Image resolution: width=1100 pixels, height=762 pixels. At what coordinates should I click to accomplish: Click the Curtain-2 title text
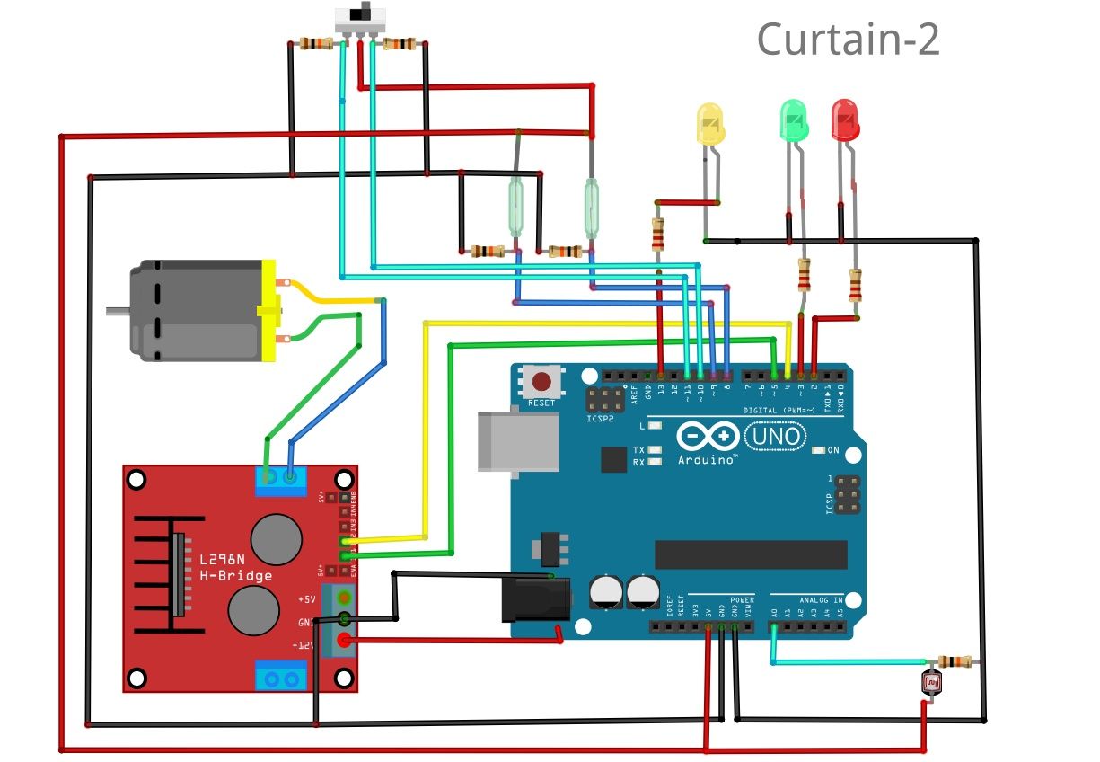(x=848, y=40)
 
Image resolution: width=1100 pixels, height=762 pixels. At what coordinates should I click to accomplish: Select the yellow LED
(x=710, y=124)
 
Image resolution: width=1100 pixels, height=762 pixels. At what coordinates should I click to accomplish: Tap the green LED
(x=793, y=120)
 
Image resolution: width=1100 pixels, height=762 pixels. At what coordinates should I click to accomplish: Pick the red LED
(x=845, y=120)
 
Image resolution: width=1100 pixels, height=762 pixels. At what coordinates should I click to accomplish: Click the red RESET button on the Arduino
(x=541, y=381)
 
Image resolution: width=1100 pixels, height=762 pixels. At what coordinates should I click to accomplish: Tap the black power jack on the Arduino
(x=535, y=599)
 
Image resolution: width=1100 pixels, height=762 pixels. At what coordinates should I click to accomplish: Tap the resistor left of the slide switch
(x=315, y=43)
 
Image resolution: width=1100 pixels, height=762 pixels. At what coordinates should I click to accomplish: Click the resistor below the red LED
(x=855, y=287)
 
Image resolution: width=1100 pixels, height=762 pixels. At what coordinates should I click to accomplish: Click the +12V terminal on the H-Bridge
(x=343, y=641)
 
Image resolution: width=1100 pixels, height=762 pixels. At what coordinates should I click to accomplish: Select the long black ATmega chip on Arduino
(x=751, y=554)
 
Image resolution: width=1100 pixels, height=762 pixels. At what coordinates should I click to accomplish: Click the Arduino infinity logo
(x=708, y=437)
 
